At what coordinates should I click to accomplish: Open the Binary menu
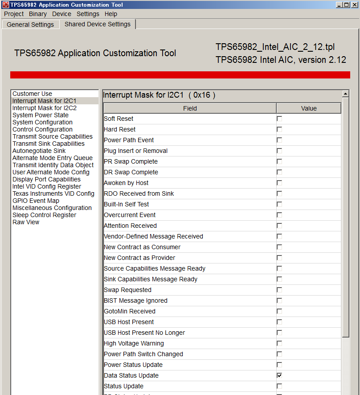(x=38, y=14)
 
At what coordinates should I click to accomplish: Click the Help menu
(x=111, y=14)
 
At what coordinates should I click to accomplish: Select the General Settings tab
(x=30, y=25)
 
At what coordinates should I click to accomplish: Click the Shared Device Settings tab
(x=98, y=24)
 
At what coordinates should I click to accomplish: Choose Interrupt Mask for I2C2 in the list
(x=45, y=108)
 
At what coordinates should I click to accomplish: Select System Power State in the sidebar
(x=41, y=115)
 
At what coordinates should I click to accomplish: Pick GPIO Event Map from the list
(x=36, y=201)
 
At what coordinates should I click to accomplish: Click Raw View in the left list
(x=26, y=222)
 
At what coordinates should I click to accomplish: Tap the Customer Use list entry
(x=32, y=94)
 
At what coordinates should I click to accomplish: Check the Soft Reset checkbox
(x=279, y=119)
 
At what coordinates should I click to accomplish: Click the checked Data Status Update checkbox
(x=279, y=375)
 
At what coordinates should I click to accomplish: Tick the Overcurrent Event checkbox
(x=279, y=215)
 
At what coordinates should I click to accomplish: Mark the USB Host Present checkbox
(x=279, y=322)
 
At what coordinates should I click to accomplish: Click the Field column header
(x=190, y=108)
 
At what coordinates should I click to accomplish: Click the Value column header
(x=309, y=108)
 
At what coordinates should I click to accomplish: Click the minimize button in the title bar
(x=340, y=5)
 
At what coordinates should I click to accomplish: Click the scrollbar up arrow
(x=345, y=94)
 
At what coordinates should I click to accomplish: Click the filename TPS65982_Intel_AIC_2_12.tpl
(x=275, y=47)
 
